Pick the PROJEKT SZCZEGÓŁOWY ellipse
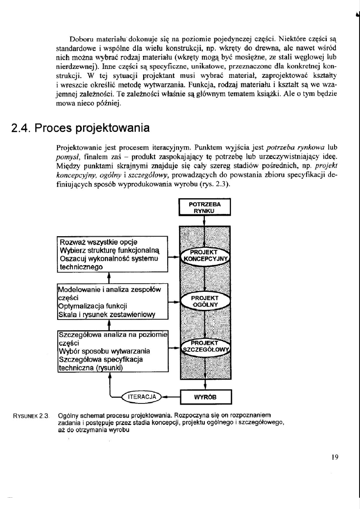[x=205, y=347]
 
